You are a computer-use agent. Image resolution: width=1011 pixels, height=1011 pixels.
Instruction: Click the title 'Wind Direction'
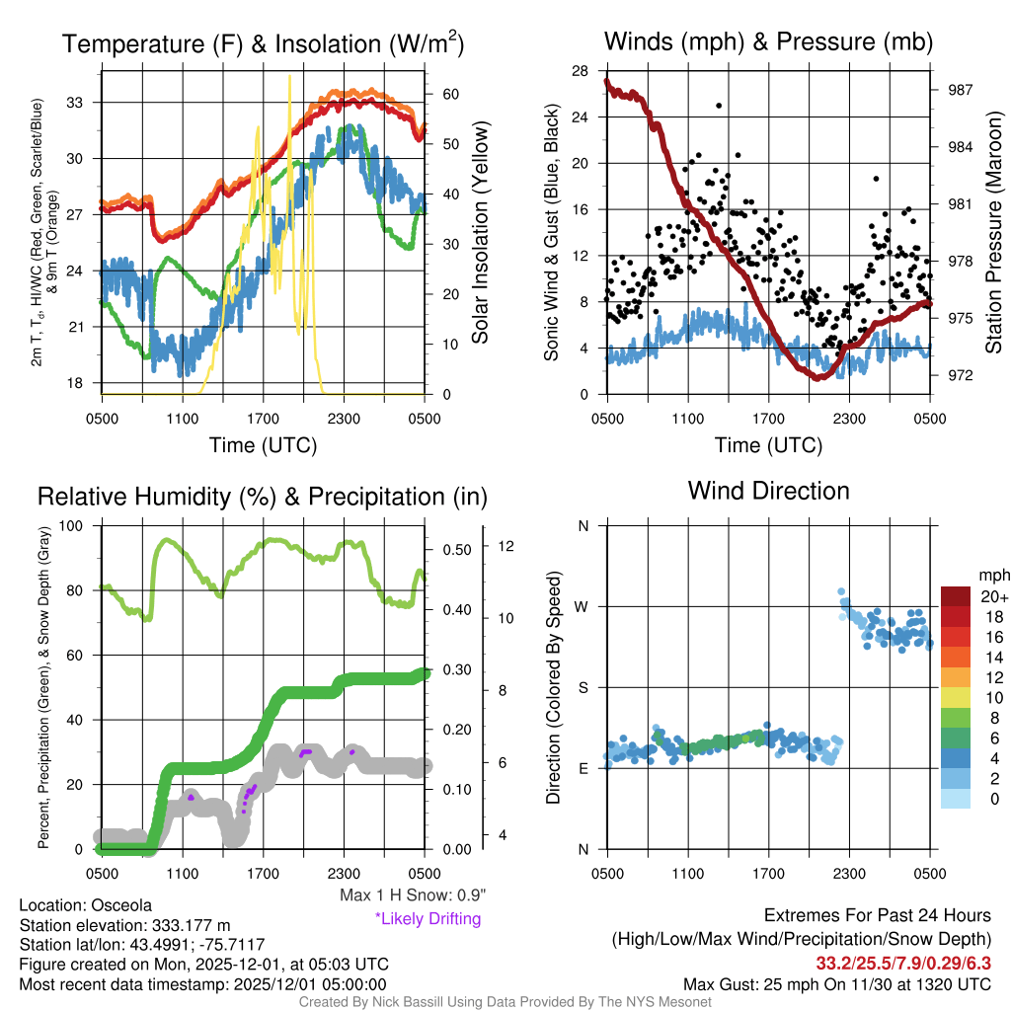[768, 491]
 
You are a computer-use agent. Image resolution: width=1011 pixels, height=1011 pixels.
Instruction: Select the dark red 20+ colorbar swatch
[957, 596]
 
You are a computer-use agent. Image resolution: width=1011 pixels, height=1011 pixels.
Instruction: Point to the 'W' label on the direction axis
[583, 606]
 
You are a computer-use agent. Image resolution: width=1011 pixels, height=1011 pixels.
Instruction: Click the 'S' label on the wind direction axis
[583, 687]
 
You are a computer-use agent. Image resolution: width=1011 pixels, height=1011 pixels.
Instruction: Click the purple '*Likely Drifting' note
[428, 919]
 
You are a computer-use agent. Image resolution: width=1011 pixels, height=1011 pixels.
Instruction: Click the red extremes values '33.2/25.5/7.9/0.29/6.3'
[903, 963]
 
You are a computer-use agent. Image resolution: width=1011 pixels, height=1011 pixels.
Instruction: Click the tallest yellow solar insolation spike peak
[289, 77]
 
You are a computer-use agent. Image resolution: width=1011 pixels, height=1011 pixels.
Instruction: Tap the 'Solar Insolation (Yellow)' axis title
[481, 233]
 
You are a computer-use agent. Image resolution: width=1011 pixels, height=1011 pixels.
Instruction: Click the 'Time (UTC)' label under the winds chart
[768, 445]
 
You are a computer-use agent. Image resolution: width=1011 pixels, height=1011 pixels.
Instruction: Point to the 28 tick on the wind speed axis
[581, 70]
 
